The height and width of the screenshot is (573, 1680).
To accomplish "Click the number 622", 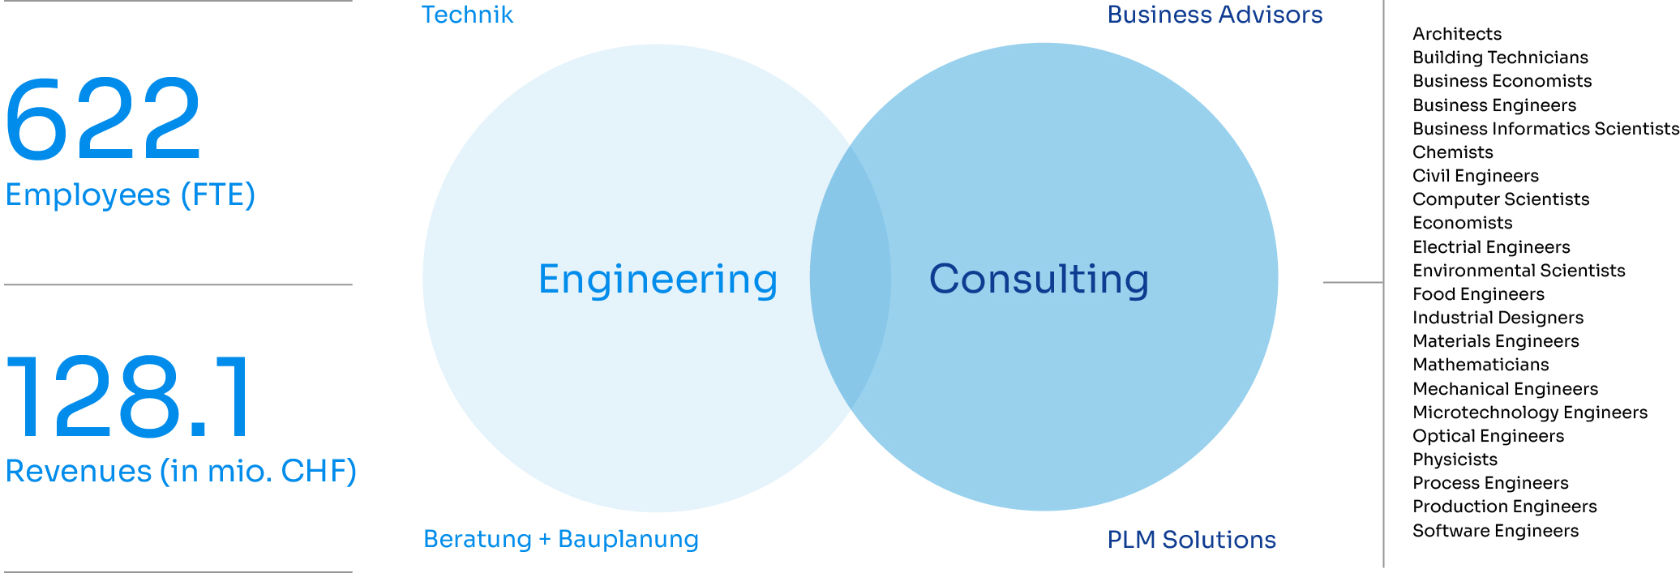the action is pos(103,118).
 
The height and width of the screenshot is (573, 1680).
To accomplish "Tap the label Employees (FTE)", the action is pos(131,195).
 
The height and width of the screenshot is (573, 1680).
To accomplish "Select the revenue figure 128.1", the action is pos(128,396).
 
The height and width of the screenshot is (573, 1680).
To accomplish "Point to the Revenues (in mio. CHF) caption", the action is pos(181,471).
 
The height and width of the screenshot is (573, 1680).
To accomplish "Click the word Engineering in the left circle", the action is pos(658,280).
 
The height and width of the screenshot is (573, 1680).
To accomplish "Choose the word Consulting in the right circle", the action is pos(1039,279).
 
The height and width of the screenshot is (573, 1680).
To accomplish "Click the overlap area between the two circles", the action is pos(851,277).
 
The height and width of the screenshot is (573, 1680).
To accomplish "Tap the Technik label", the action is pos(467,15).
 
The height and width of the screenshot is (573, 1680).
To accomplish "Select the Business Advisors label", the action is pos(1215,15).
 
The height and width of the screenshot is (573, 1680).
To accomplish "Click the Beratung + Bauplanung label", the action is pos(561,539).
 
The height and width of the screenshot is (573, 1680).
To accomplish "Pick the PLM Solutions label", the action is pos(1191,539).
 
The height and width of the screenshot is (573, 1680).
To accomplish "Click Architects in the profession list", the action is pos(1457,34).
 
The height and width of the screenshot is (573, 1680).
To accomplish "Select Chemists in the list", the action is pos(1452,152).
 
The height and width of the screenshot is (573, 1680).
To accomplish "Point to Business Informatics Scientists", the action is pos(1545,129).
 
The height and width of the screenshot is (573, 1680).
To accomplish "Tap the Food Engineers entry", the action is pos(1478,294).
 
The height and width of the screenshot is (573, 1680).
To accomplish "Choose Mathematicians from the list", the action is pos(1481,365).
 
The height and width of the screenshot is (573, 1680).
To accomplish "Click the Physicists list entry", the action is pos(1455,460).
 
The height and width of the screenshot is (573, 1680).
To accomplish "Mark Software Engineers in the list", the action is pos(1495,531).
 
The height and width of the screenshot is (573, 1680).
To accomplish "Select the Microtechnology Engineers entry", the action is pos(1530,413).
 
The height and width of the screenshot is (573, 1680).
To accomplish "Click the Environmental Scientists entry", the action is pos(1519,271).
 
